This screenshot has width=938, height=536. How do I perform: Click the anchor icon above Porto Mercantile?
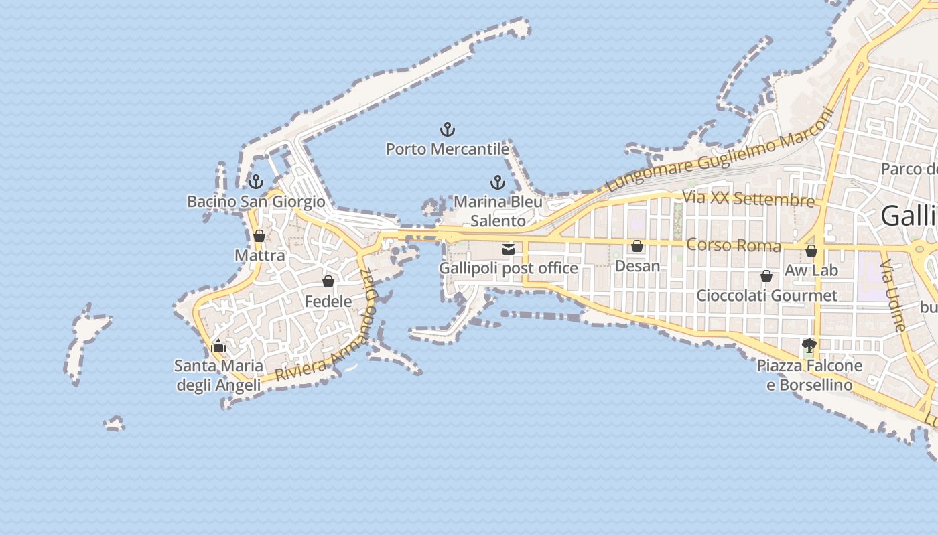click(x=447, y=129)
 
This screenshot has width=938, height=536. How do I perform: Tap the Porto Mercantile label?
click(x=448, y=149)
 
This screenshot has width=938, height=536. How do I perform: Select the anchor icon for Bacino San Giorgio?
click(x=255, y=182)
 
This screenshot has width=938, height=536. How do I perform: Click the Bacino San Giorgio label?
click(x=256, y=202)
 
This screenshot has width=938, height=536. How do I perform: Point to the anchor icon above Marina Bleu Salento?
click(x=497, y=182)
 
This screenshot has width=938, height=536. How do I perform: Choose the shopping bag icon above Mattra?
click(x=259, y=236)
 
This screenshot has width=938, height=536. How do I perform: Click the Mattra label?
click(x=260, y=255)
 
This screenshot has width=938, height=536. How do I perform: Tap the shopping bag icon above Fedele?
click(x=328, y=281)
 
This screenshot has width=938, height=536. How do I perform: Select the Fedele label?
click(x=328, y=301)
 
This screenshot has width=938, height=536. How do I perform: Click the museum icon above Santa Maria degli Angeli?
click(x=218, y=346)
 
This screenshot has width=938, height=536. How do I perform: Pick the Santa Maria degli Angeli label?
click(x=218, y=375)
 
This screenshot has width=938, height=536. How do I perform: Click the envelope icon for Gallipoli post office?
click(x=509, y=249)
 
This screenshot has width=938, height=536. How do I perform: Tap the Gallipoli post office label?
click(x=509, y=269)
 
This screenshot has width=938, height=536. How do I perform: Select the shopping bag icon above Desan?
click(x=637, y=246)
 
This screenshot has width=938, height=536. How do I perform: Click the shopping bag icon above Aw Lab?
click(x=811, y=251)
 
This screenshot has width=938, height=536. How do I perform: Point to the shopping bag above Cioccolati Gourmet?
click(x=766, y=276)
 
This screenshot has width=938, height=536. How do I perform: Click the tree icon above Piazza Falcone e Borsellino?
click(x=809, y=346)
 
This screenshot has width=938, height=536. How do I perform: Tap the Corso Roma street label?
click(x=734, y=245)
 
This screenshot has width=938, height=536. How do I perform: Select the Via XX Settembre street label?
click(x=748, y=199)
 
